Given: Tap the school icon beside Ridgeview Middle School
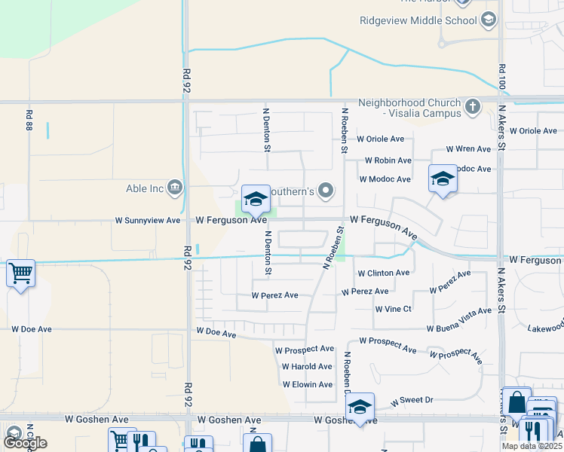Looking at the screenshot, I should [488, 19].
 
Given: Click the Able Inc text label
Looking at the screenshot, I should [146, 187].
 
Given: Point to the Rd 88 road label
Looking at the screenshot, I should [29, 121].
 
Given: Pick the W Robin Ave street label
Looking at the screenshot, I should [388, 160].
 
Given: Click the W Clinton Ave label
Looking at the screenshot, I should [383, 273].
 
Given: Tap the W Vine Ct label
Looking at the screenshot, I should [394, 309].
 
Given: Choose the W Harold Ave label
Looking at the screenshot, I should [307, 367].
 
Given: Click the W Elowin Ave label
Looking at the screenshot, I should [307, 384].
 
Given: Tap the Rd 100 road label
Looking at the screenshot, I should [501, 79].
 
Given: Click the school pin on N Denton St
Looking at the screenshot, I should [256, 199].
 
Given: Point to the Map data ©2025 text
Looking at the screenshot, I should [531, 446].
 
